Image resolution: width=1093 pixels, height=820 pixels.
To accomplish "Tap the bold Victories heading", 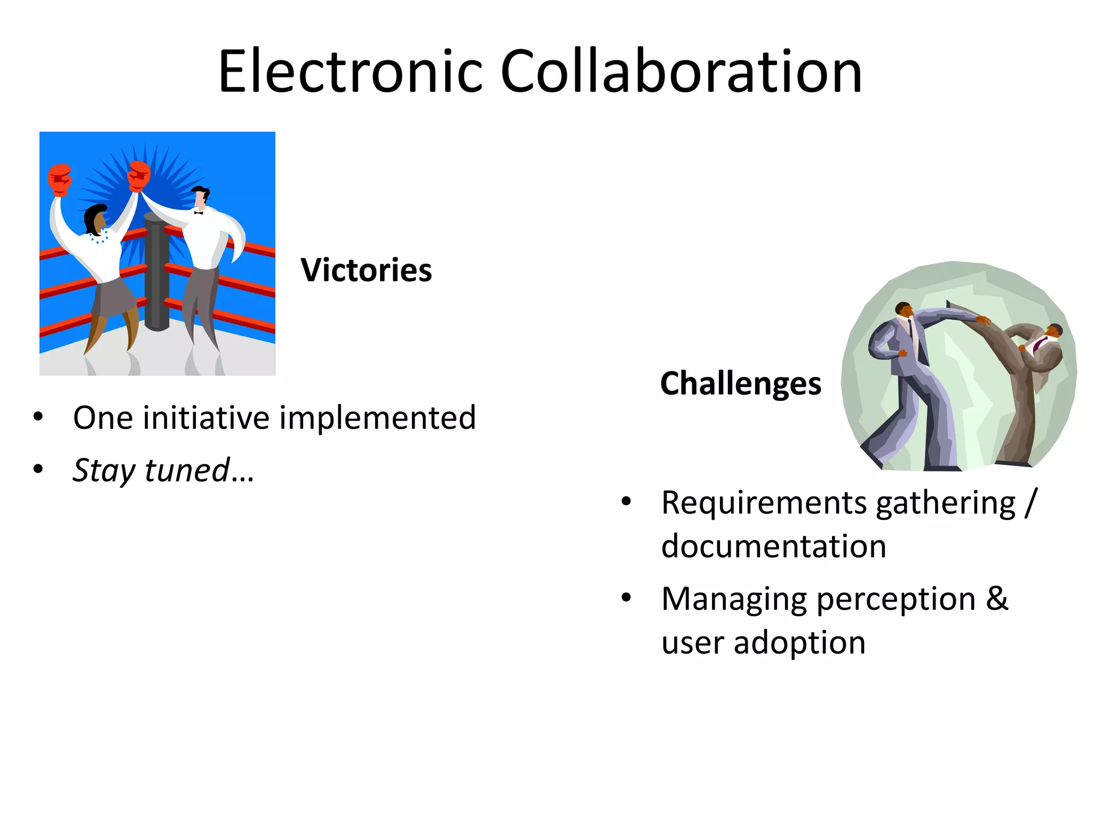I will click(x=366, y=270).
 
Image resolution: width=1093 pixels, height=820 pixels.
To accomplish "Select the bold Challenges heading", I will click(x=741, y=383).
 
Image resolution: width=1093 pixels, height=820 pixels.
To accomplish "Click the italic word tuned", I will click(x=187, y=470).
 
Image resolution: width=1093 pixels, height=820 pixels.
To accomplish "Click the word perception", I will click(x=896, y=599).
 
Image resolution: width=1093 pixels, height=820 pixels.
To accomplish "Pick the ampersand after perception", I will click(x=997, y=599).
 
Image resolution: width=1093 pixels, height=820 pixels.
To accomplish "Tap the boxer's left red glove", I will click(x=60, y=179).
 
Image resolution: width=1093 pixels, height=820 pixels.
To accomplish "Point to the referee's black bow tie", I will click(x=199, y=213).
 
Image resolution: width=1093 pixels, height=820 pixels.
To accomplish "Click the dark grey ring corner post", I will click(x=157, y=272).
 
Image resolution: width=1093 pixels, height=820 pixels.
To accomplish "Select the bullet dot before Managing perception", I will click(x=626, y=598).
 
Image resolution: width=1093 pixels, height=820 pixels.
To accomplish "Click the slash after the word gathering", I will click(x=1030, y=503).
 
